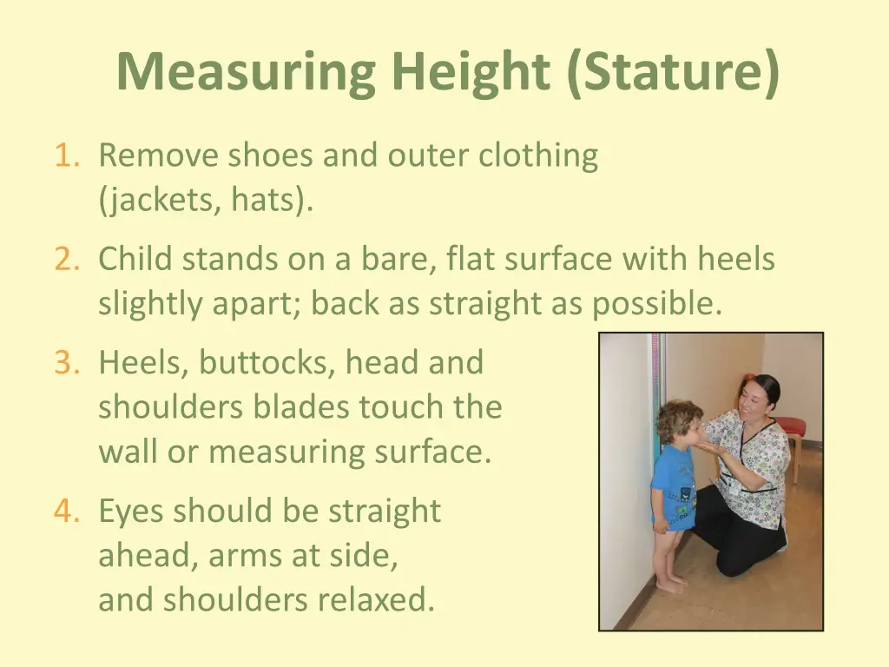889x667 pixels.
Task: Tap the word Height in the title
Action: pyautogui.click(x=469, y=72)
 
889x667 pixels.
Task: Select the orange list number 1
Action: pyautogui.click(x=67, y=156)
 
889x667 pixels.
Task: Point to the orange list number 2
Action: pyautogui.click(x=67, y=259)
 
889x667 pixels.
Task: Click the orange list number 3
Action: pyautogui.click(x=67, y=362)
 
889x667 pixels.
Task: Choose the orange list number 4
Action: pyautogui.click(x=67, y=512)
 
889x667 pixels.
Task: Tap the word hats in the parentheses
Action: pyautogui.click(x=266, y=201)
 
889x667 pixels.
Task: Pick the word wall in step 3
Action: pyautogui.click(x=128, y=452)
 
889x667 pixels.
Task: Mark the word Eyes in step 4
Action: pyautogui.click(x=133, y=512)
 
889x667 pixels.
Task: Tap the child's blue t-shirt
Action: pyautogui.click(x=675, y=486)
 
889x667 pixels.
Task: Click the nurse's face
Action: pyautogui.click(x=752, y=399)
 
